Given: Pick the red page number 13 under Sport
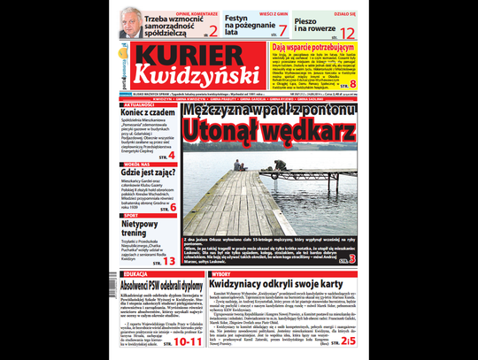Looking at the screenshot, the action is point(168,261).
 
